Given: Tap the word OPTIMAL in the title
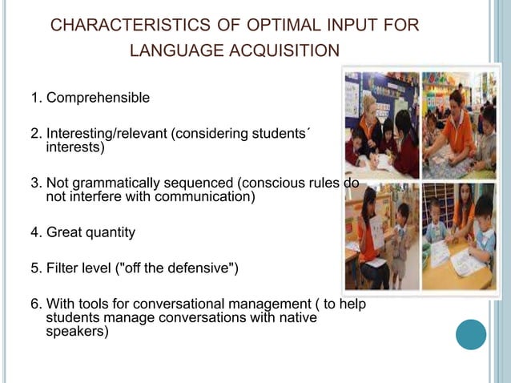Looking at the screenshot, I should tap(272, 26).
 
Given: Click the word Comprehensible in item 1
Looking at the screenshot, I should tap(98, 98).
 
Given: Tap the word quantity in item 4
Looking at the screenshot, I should tap(108, 232).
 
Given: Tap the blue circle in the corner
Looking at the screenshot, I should tap(471, 334).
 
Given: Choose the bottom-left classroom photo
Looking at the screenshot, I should tap(381, 236).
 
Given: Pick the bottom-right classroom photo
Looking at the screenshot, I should tap(459, 236).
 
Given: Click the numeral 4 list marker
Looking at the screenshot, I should tap(34, 232).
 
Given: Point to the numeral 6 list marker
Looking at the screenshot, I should tap(34, 304).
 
